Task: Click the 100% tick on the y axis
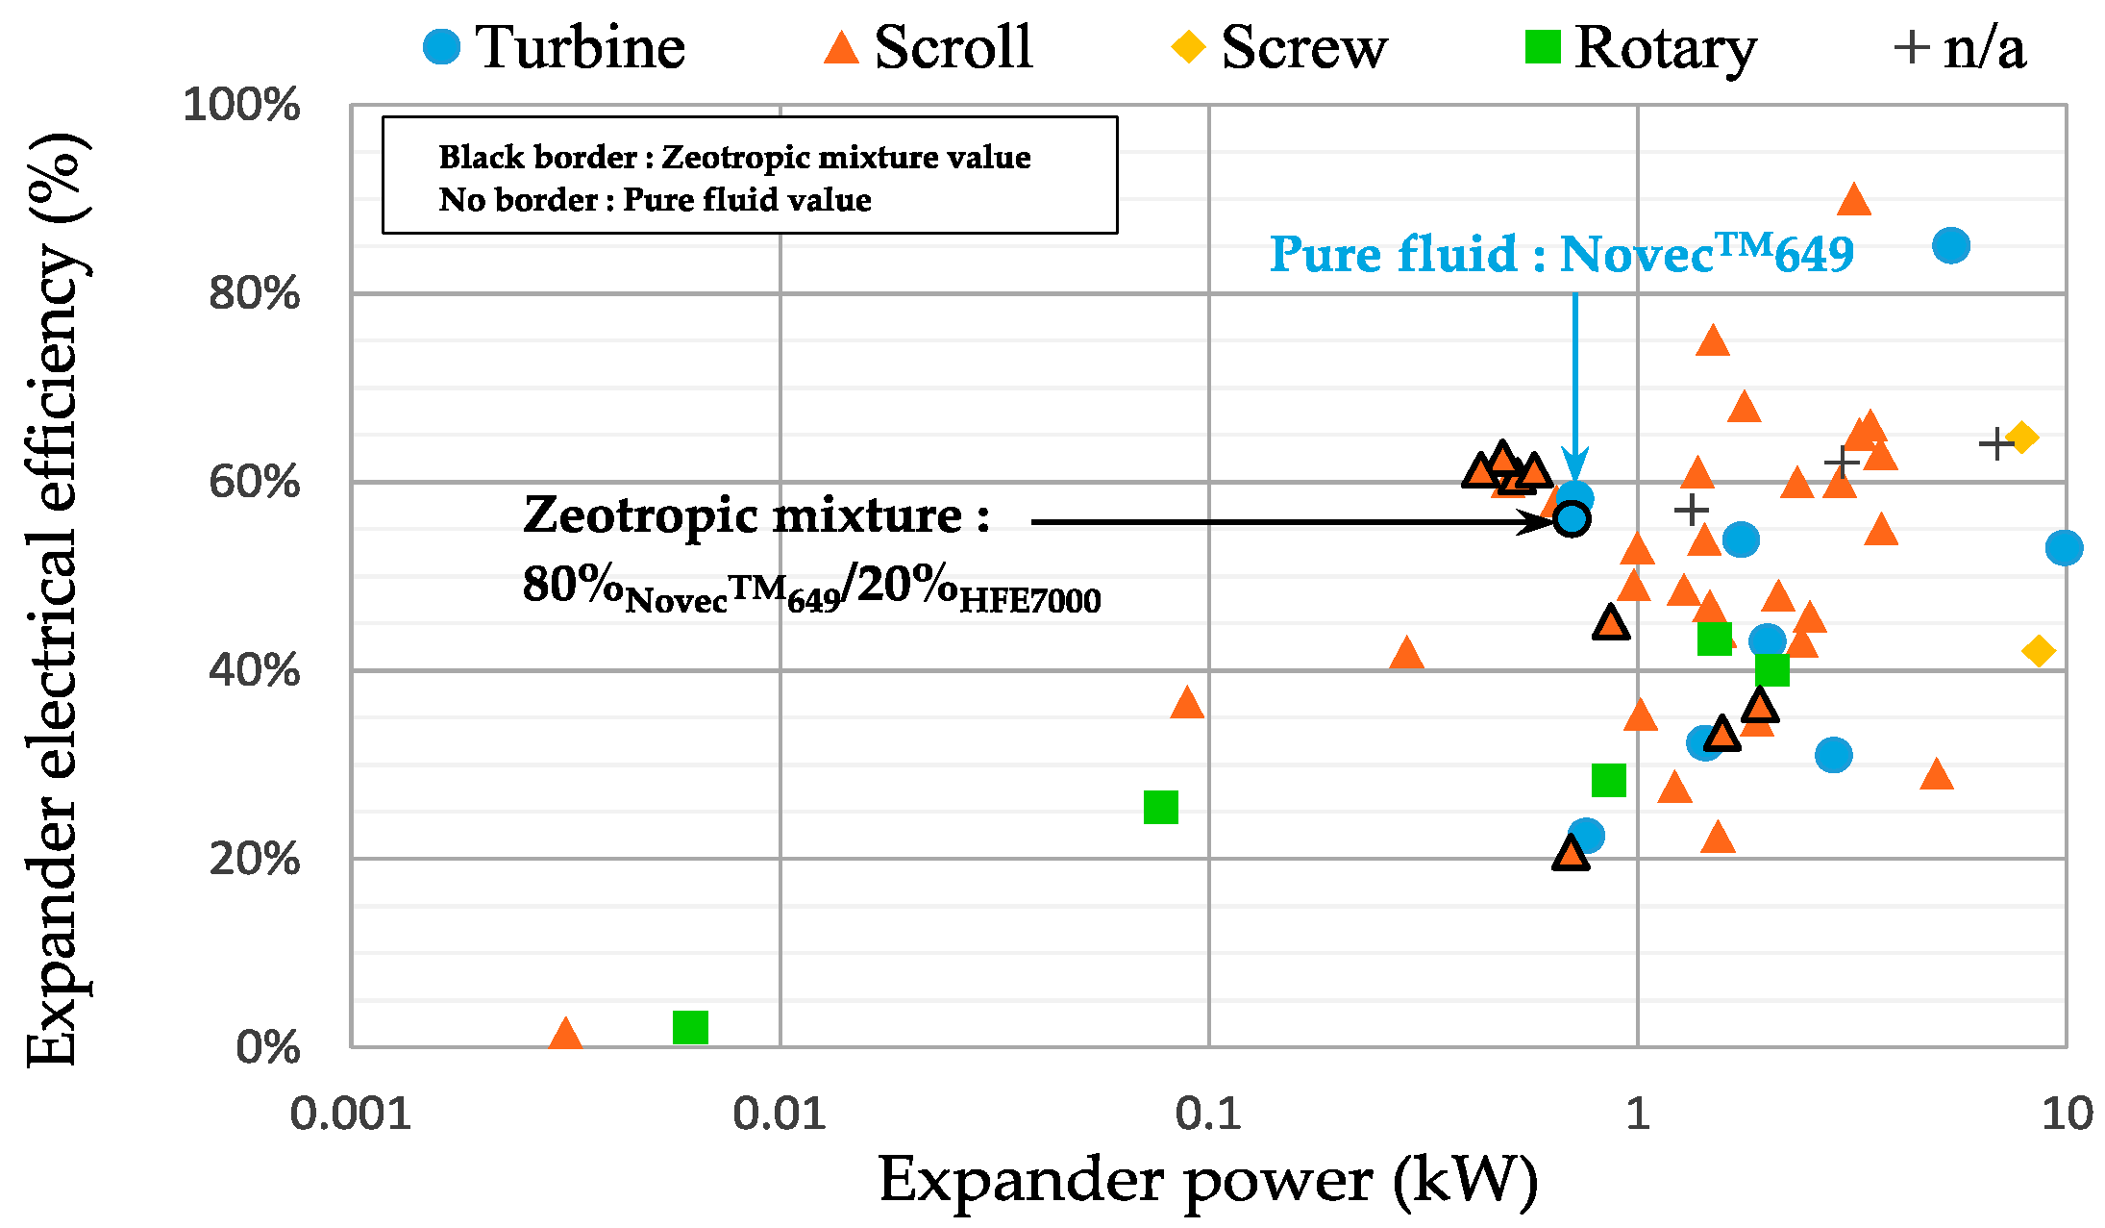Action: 241,104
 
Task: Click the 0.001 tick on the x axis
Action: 351,1114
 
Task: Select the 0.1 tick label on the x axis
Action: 1208,1114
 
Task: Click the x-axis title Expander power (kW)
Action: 1208,1180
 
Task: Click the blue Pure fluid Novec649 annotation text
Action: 1561,254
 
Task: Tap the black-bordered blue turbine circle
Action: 1572,519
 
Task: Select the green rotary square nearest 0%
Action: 690,1027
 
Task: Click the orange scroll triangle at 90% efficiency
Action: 1853,201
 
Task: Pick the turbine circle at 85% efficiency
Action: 1950,245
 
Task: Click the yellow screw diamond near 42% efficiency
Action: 2038,651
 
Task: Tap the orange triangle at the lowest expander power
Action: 565,1035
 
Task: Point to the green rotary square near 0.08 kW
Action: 1160,807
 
